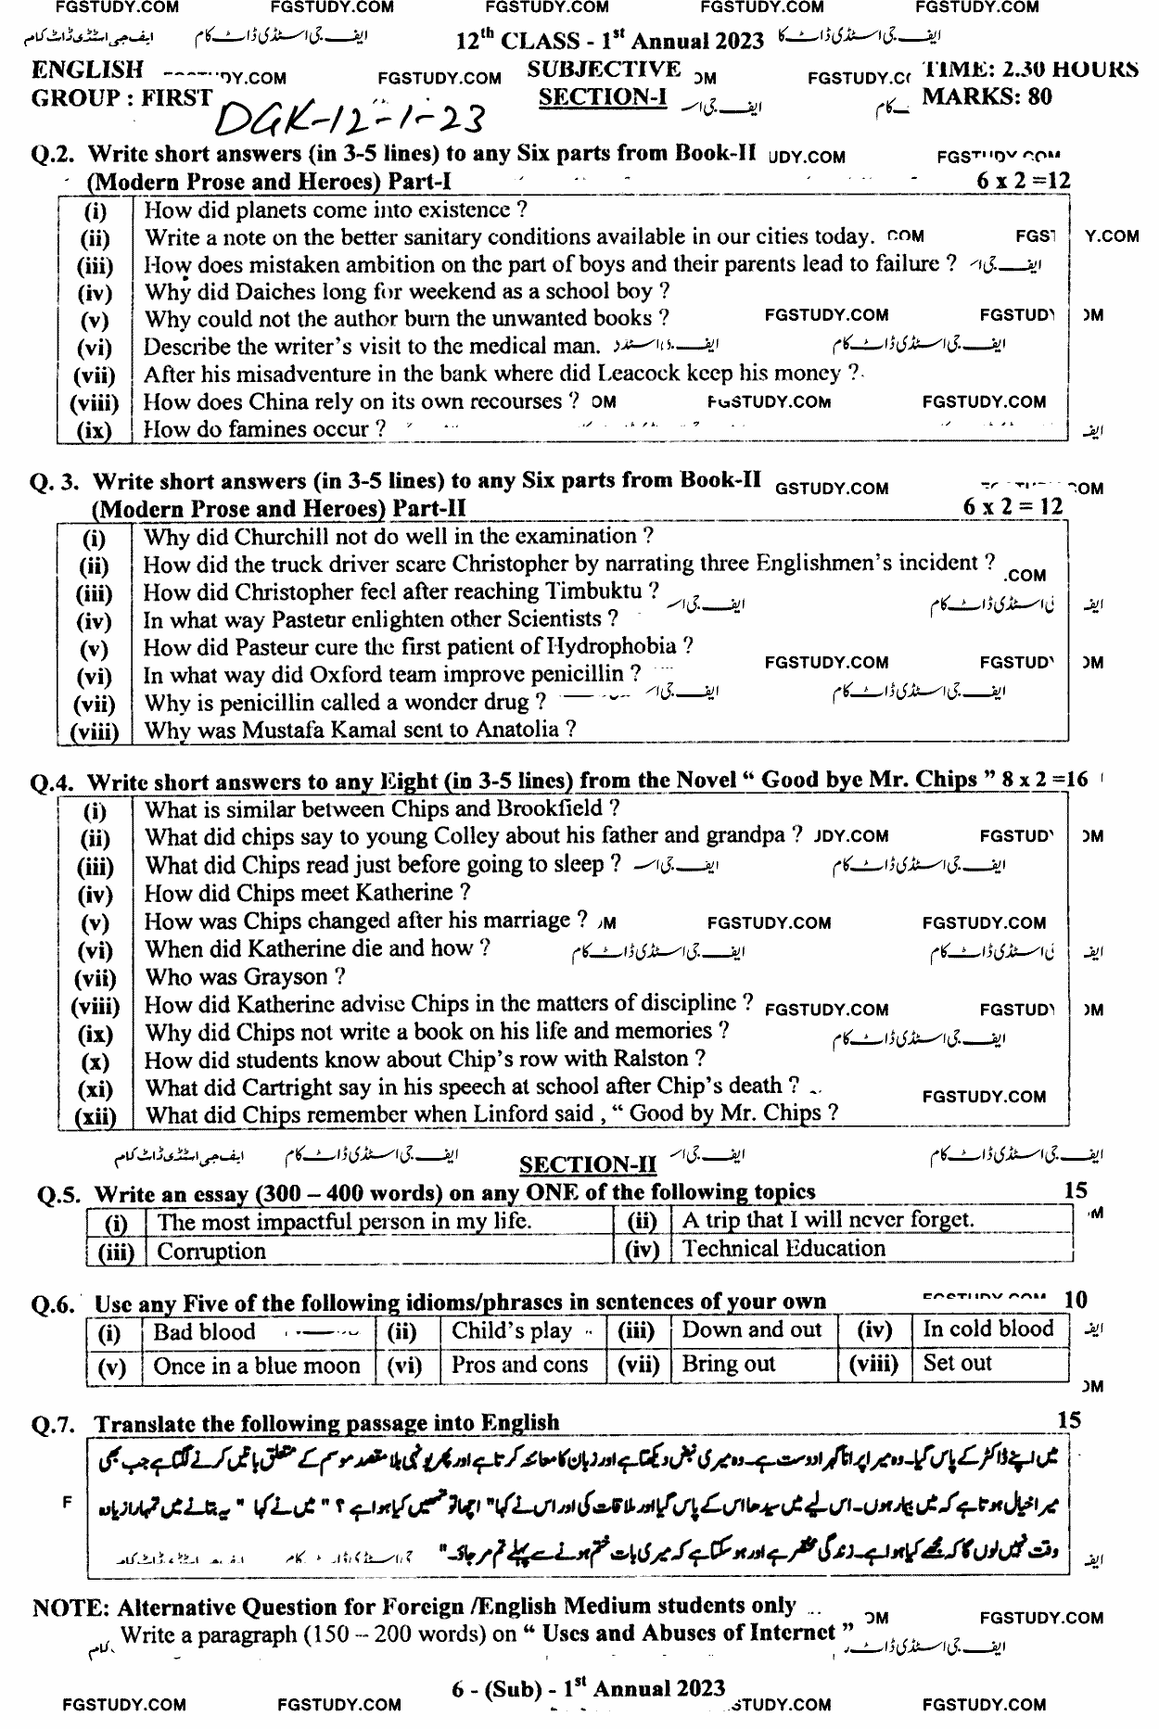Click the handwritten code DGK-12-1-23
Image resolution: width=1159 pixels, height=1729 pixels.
click(x=351, y=119)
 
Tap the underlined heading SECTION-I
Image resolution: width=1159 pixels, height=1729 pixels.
click(x=603, y=97)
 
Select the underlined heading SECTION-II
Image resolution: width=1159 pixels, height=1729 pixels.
click(x=588, y=1165)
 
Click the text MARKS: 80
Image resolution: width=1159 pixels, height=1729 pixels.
click(x=987, y=96)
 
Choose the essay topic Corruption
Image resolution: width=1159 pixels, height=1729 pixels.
click(x=211, y=1252)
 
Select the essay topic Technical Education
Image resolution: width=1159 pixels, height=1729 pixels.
click(x=783, y=1249)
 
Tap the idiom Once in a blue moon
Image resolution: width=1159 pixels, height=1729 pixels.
click(x=257, y=1366)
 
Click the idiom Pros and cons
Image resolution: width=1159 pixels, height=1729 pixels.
click(x=519, y=1365)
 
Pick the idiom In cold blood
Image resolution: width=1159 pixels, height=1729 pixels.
click(x=987, y=1329)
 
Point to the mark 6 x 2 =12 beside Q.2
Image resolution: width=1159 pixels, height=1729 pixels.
click(x=1023, y=181)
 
